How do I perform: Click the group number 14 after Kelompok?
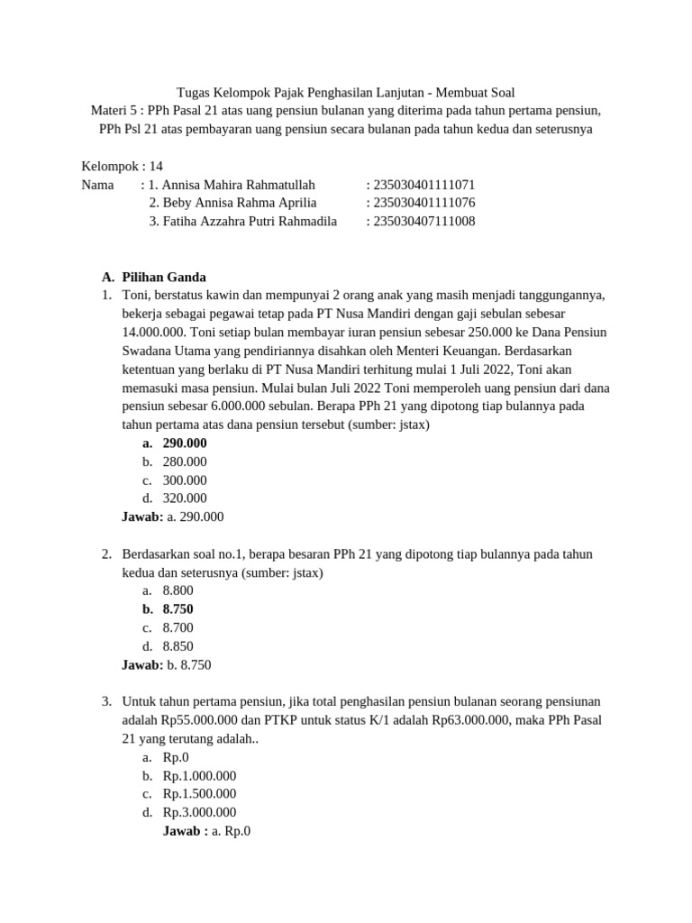[156, 166]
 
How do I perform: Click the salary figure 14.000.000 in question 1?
[154, 332]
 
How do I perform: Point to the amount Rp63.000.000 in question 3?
[473, 720]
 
